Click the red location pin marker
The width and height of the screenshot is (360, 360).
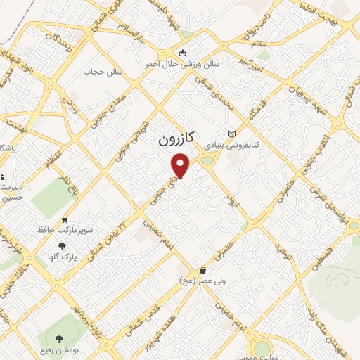181,166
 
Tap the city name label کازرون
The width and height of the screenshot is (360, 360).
174,140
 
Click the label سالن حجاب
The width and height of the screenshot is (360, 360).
103,72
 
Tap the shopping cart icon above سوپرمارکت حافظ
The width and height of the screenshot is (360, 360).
65,220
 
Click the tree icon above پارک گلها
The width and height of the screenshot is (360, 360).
62,246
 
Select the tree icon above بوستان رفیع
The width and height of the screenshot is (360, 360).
68,341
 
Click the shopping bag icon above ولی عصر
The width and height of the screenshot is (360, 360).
203,270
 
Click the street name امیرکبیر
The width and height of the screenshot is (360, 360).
271,64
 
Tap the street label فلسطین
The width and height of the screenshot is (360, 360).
323,260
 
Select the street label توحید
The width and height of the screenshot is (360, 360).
282,250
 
